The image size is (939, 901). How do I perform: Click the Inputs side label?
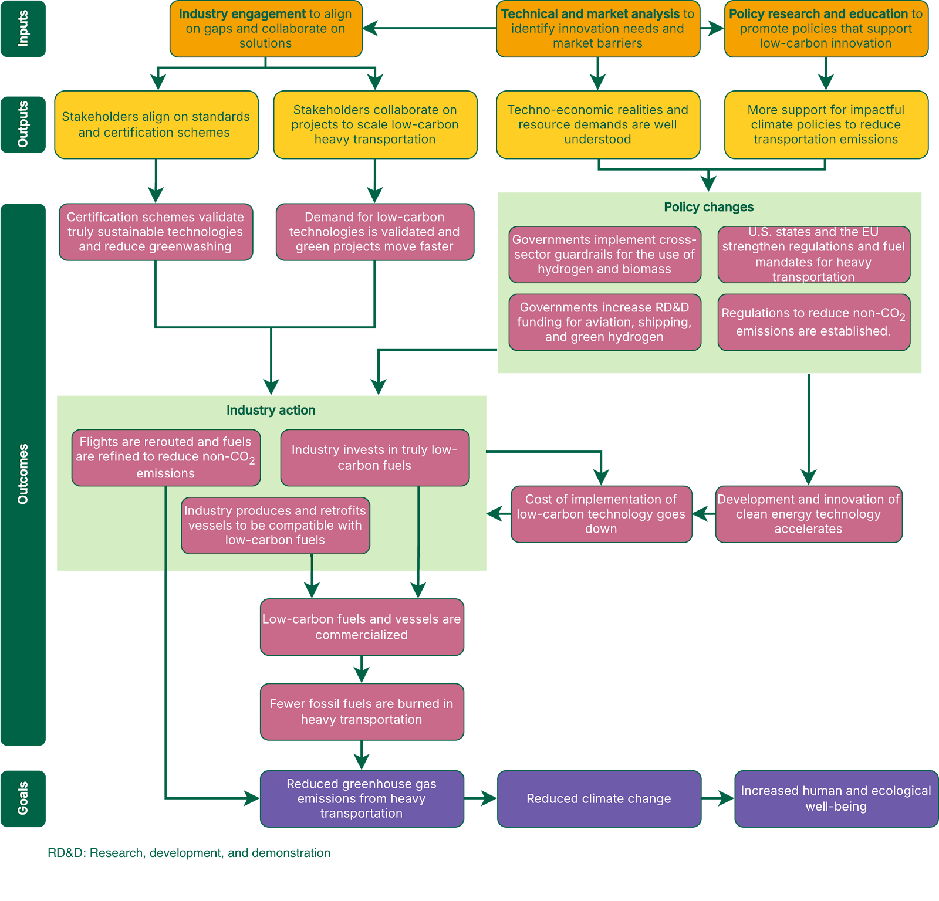[23, 28]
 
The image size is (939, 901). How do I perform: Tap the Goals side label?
[23, 798]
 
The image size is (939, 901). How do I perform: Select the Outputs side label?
[23, 124]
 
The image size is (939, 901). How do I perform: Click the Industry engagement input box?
[265, 29]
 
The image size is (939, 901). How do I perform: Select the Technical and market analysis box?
[597, 29]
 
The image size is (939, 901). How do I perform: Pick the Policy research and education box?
[826, 29]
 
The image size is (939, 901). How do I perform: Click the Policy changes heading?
[708, 207]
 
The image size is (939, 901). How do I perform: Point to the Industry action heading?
[271, 410]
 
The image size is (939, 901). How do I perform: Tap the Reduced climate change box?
[599, 798]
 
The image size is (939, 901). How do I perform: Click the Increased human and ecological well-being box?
[836, 798]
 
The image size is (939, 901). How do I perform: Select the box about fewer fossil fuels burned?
[362, 712]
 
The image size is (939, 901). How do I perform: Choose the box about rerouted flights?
[165, 458]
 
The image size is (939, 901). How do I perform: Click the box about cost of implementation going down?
[601, 514]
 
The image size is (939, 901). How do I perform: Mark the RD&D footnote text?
[189, 853]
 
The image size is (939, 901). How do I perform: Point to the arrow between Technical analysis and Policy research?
[712, 28]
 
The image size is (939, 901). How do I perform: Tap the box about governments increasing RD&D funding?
[604, 322]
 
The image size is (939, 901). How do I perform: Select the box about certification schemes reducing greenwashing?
[156, 232]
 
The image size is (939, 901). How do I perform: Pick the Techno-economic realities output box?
[597, 124]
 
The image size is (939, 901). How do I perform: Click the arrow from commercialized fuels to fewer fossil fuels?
[362, 669]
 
